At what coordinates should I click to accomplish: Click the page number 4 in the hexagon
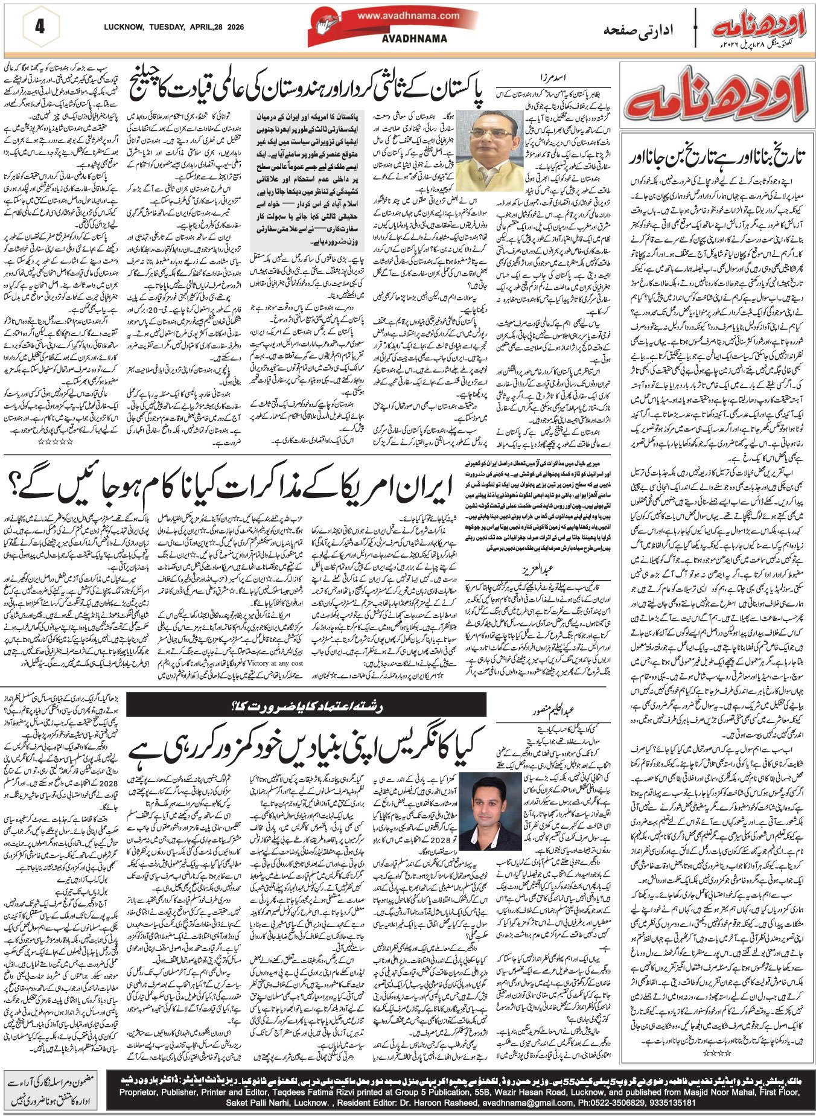click(x=40, y=28)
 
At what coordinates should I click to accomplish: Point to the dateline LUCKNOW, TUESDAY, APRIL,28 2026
click(x=171, y=27)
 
